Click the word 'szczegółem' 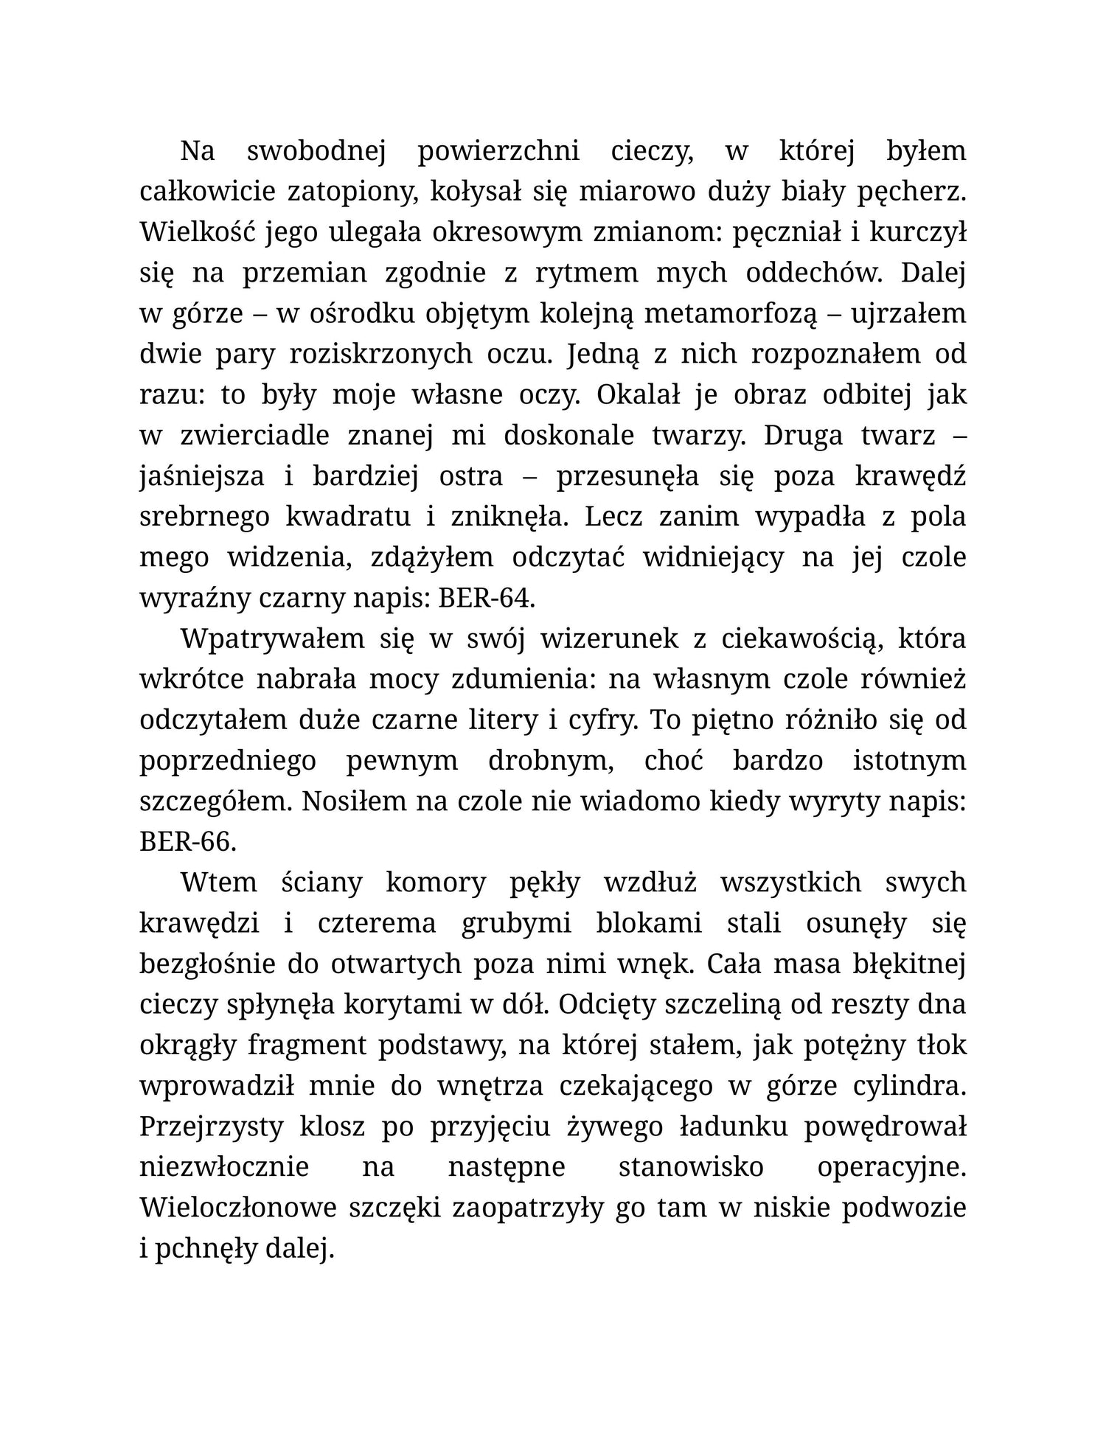[213, 801]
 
